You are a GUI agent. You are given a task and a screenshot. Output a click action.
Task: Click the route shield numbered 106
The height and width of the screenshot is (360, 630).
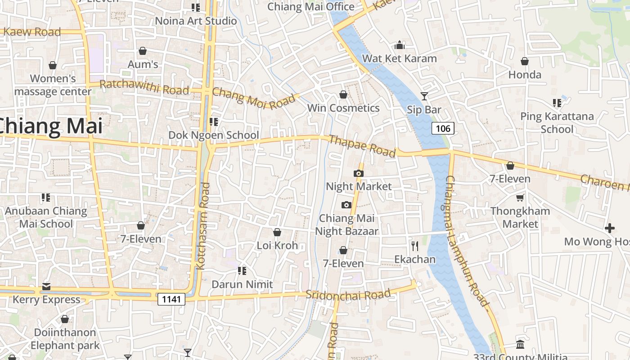pos(443,129)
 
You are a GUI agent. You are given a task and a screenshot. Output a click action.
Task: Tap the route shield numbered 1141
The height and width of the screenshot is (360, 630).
pos(171,299)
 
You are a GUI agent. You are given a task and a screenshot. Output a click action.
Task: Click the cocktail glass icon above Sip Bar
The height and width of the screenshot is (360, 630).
pos(424,96)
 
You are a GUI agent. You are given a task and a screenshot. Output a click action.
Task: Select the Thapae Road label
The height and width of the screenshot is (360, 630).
pos(363,146)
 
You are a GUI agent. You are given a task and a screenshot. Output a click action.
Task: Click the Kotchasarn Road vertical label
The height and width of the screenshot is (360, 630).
pos(203,226)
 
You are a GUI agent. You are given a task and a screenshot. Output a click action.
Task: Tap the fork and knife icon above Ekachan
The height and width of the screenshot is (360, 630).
pos(415,246)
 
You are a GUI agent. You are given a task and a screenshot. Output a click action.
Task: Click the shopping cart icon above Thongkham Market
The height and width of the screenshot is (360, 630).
pos(520,198)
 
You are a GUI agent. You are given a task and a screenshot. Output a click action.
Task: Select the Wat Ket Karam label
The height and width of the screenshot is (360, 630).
pos(399,58)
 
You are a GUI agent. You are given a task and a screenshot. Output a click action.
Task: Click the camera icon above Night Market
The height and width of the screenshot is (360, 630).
pos(359,173)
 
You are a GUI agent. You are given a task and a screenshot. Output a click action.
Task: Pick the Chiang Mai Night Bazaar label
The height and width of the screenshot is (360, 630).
pos(346,225)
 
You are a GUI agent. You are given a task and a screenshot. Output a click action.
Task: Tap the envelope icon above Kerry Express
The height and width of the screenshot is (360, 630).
pos(46,286)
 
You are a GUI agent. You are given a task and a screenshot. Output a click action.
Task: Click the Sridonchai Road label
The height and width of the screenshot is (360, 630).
pos(348,295)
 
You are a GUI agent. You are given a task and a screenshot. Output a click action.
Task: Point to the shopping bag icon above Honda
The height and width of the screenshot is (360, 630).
pos(525,61)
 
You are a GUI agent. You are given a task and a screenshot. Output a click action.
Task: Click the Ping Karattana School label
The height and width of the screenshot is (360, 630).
pos(557,123)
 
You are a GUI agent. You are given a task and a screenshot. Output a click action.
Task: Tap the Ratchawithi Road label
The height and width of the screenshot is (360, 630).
pos(144,87)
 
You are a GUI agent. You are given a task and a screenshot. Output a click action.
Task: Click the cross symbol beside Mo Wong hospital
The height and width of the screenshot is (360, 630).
pos(610,228)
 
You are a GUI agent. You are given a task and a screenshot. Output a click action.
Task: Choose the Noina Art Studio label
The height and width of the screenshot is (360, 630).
pos(196,21)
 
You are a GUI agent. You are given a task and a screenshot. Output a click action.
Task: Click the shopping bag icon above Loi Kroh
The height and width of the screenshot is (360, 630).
pos(277,232)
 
